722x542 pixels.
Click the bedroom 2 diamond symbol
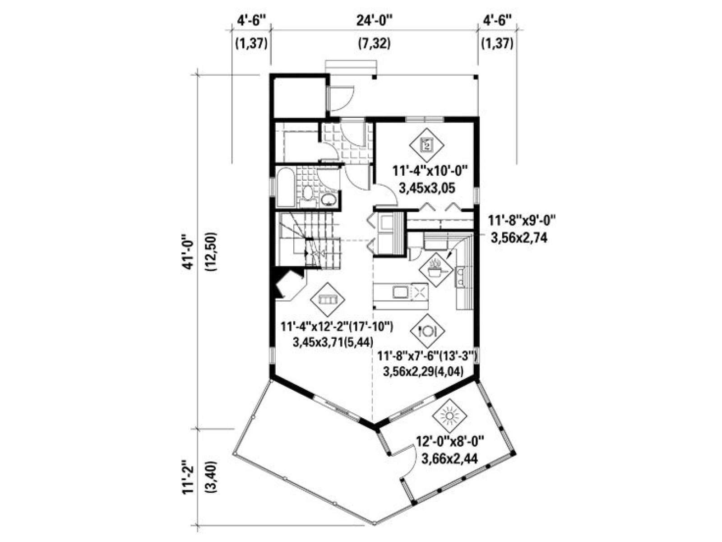[426, 145]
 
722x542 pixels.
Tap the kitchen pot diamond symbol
[435, 270]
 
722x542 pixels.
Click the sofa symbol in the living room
[328, 299]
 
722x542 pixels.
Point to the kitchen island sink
[400, 292]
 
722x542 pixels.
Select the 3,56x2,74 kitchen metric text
[519, 238]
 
